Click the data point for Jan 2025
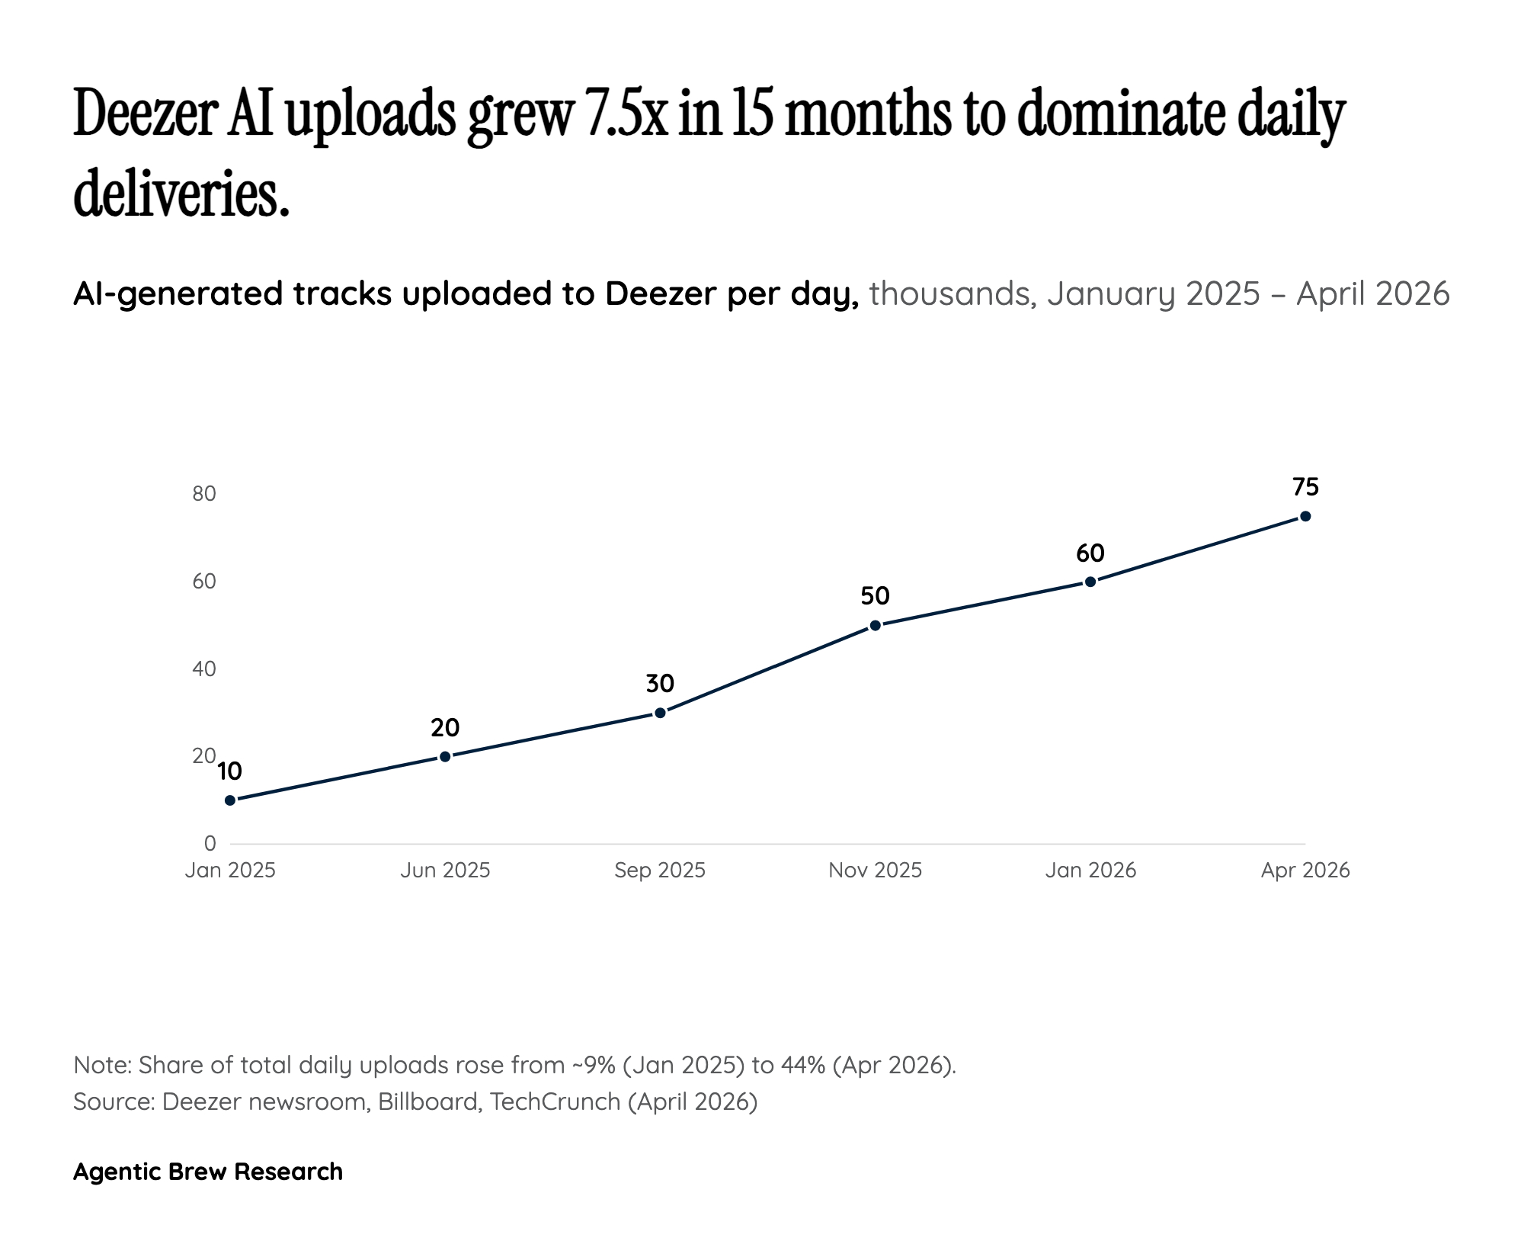[x=230, y=800]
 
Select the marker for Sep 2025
[x=660, y=713]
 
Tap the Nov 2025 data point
[x=876, y=625]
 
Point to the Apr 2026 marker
[x=1305, y=516]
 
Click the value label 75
[x=1305, y=486]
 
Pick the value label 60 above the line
[x=1090, y=553]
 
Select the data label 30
[x=660, y=684]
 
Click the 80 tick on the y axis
[x=204, y=494]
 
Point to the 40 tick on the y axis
[x=204, y=669]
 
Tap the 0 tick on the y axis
[x=210, y=843]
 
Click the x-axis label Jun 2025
[x=445, y=871]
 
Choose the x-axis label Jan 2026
[x=1090, y=871]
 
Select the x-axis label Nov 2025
[x=876, y=871]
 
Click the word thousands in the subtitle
[x=949, y=293]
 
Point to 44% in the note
[x=803, y=1065]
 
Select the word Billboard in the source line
[x=427, y=1102]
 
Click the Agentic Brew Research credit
[x=208, y=1172]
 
